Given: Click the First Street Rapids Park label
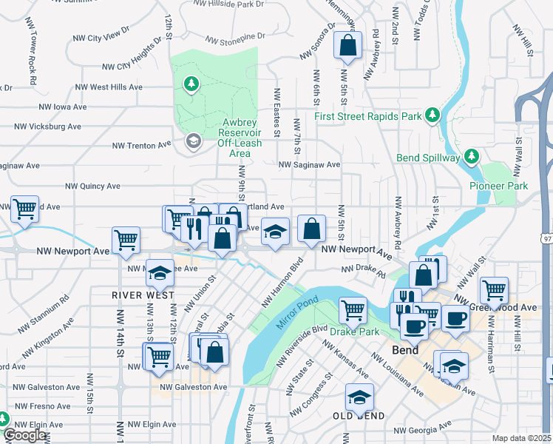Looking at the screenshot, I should [x=367, y=116].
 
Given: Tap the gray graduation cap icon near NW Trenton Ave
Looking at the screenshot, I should [x=194, y=141].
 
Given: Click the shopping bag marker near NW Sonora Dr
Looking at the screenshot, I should [x=347, y=46].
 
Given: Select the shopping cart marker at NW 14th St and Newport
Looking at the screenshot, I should [x=126, y=240].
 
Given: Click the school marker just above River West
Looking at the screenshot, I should [x=160, y=273].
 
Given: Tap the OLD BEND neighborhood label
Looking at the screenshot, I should [x=359, y=416].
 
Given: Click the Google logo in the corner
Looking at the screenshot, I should [x=24, y=435].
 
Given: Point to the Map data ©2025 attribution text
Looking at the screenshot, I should [x=521, y=438].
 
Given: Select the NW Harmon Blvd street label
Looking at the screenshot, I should [x=282, y=283].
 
